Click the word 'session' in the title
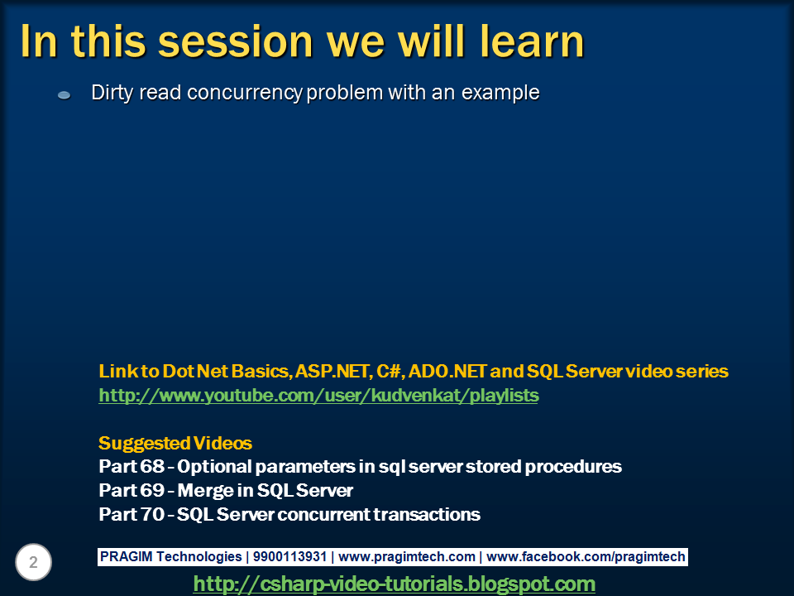click(236, 41)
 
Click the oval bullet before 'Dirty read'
click(64, 94)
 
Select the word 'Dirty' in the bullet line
click(112, 94)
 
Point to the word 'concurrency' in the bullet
click(245, 94)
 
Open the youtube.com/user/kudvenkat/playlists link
click(318, 396)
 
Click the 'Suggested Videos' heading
click(175, 444)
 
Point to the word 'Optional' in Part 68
click(215, 467)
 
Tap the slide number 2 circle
click(33, 562)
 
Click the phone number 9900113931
click(289, 556)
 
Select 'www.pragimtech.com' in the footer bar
click(407, 556)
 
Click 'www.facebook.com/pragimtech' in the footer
click(586, 556)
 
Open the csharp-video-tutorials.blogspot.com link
click(395, 584)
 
